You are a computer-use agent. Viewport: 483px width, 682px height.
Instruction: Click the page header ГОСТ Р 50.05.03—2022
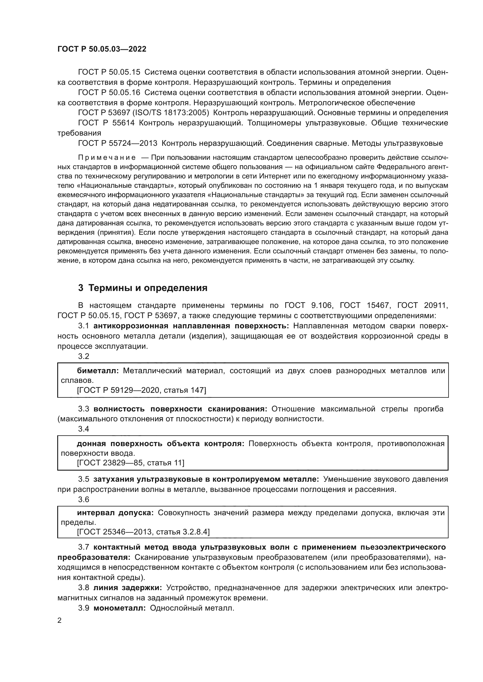(102, 49)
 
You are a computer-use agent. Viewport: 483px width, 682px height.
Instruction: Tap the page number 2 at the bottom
(60, 620)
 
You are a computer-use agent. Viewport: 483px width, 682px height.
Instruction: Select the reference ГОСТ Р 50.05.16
(109, 92)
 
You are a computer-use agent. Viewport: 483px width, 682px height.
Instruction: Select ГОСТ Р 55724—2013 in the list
(117, 143)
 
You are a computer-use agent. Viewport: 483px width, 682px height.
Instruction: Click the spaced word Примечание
(107, 157)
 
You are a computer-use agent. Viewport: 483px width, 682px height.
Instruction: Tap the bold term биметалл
(98, 371)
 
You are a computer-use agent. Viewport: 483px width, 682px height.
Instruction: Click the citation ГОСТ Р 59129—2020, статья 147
(141, 390)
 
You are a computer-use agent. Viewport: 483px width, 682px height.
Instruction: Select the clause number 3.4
(84, 429)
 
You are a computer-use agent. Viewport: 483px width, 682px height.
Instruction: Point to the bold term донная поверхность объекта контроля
(161, 444)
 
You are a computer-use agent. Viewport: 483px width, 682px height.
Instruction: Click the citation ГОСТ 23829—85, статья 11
(131, 463)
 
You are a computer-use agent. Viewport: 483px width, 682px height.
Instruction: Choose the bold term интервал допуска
(115, 513)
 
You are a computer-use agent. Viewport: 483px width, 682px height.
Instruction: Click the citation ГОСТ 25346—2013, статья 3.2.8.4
(143, 532)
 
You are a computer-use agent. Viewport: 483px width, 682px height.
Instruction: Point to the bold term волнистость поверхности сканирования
(180, 409)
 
